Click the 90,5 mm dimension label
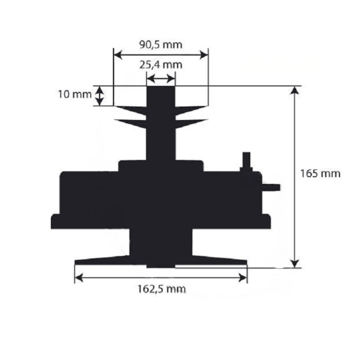161,45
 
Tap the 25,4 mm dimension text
161,65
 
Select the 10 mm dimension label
74,95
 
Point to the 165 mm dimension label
320,174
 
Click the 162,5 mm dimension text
161,289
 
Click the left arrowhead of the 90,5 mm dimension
118,55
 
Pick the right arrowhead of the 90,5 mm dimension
204,55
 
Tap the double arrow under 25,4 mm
161,79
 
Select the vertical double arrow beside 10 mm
99,96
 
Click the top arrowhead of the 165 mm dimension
295,90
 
